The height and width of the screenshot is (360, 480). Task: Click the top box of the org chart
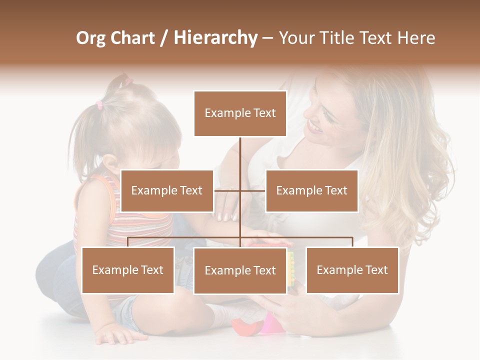pos(240,113)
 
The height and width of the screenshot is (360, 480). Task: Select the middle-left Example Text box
pos(167,190)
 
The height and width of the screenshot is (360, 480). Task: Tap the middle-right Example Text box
pos(311,190)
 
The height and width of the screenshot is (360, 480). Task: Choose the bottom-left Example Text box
pos(128,270)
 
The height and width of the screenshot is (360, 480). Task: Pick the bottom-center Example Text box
pos(240,270)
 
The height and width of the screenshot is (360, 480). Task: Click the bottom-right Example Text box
pos(352,270)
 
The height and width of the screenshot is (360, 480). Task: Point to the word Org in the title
pos(91,38)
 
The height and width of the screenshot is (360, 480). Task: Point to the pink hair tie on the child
pos(99,104)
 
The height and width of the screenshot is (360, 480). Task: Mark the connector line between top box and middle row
pos(240,155)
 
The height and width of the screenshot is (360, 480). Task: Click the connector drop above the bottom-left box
pos(128,242)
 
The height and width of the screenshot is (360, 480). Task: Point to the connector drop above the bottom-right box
pos(352,242)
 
